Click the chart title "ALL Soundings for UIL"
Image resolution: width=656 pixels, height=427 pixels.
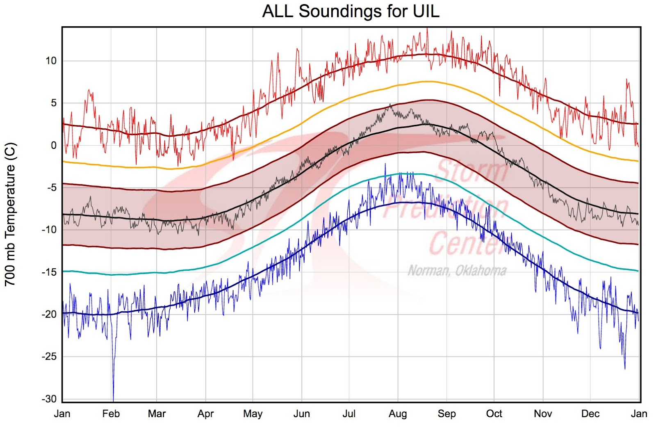pos(351,11)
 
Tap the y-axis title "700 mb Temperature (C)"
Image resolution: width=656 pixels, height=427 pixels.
pos(10,214)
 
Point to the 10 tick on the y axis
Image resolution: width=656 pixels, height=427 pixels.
pos(51,61)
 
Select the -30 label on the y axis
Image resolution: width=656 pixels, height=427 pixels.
pos(50,399)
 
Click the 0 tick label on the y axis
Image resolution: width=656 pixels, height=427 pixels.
pos(54,146)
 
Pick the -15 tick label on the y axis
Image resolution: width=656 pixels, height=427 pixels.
pos(50,272)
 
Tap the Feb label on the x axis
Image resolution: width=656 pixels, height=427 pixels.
pos(111,413)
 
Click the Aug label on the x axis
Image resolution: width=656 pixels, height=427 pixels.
pos(397,413)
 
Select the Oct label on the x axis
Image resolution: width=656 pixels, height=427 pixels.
pos(494,413)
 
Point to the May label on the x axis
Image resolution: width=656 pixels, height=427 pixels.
pos(253,413)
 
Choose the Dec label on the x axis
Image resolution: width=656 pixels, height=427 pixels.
pos(590,413)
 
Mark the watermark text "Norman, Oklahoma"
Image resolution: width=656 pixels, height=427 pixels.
pos(457,271)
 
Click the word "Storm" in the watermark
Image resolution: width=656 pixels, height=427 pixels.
pos(471,171)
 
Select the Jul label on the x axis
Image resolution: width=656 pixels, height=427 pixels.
pos(349,413)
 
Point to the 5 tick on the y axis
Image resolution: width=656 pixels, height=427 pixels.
pos(54,103)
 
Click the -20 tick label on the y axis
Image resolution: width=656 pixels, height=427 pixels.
pos(50,314)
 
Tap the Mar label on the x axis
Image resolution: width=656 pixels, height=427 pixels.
pos(157,413)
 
